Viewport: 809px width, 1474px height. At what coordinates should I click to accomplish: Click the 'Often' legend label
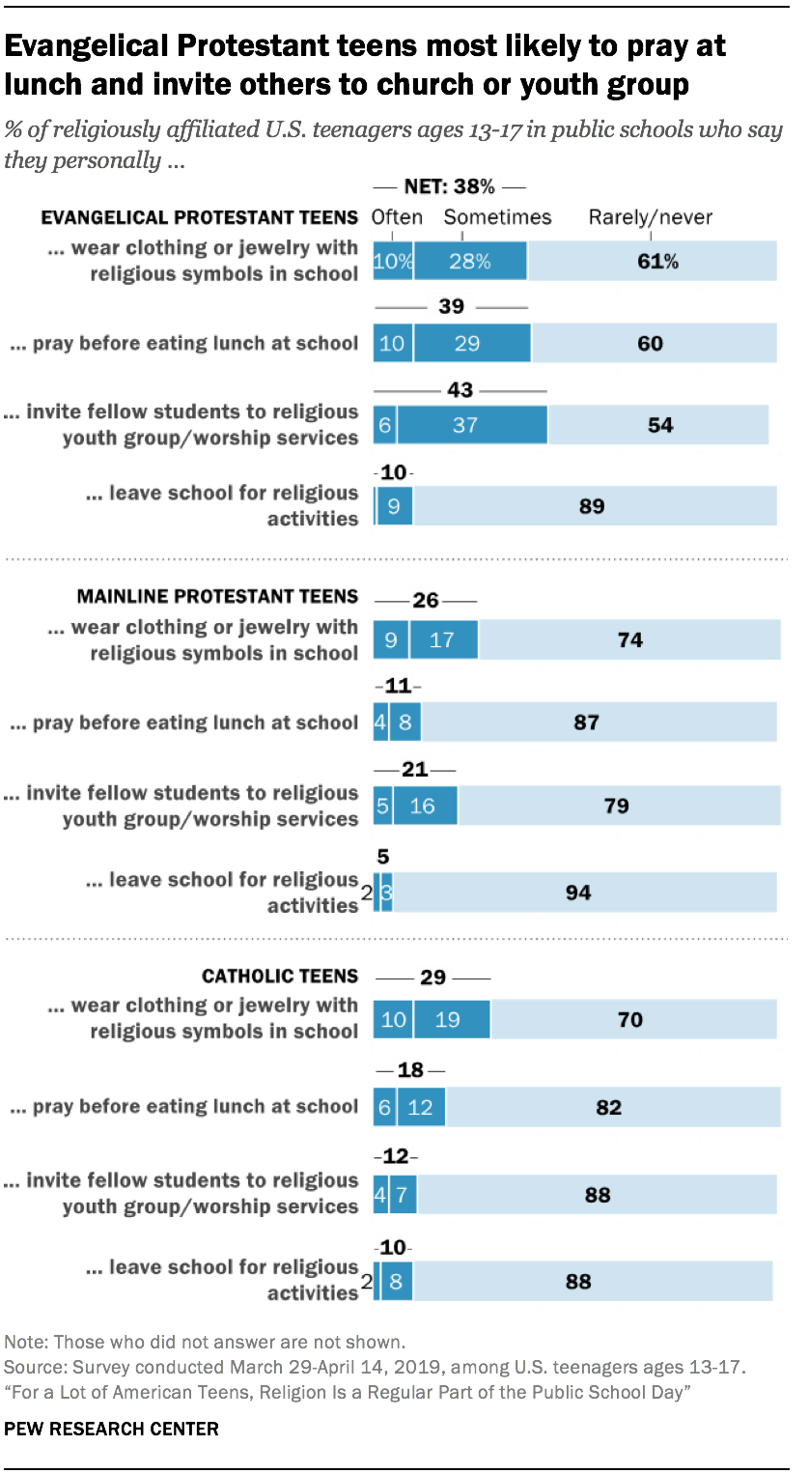397,217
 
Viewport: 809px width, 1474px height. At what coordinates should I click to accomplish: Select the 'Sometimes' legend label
497,217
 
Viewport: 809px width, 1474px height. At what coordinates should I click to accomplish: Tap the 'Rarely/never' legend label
650,217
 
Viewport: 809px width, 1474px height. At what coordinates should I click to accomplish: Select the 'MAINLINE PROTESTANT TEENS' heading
217,596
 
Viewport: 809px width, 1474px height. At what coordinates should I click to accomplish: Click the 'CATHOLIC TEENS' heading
279,976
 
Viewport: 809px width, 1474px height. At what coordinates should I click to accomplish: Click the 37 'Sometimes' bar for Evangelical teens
472,424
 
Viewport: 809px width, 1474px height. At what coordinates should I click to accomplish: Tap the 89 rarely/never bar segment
595,505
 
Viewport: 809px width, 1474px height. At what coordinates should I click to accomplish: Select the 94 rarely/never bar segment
584,893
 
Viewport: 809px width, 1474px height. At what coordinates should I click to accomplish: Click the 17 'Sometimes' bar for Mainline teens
443,639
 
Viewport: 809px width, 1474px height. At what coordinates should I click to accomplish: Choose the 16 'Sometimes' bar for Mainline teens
425,805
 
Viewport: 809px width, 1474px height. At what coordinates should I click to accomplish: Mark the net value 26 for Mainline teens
426,601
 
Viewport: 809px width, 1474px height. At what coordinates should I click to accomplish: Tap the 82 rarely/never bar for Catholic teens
613,1107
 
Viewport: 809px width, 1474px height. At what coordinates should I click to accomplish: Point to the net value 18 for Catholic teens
409,1070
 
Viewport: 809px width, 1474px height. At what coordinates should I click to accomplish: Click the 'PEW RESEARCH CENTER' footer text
112,1429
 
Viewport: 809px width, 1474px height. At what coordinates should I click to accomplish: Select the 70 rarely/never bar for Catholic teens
633,1019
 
